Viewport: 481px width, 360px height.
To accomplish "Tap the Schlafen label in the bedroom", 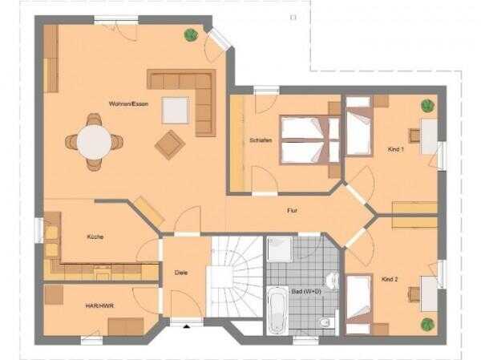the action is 261,140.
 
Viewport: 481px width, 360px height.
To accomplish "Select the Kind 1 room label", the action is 396,149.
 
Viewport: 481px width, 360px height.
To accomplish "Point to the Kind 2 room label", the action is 390,279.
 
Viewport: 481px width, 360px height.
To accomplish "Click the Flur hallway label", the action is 292,211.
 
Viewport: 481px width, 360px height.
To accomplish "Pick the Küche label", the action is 95,237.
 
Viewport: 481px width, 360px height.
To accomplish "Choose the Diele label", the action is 180,273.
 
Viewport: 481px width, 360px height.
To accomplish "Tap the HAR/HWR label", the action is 99,305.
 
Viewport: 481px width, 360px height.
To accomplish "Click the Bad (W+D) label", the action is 306,292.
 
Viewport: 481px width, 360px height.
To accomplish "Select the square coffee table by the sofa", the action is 175,110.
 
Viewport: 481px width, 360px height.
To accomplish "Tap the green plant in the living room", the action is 191,34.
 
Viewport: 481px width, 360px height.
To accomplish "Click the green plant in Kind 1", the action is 427,106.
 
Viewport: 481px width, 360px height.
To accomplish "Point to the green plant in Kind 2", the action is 427,325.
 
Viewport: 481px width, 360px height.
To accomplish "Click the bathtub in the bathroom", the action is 277,310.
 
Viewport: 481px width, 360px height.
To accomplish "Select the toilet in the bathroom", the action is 325,322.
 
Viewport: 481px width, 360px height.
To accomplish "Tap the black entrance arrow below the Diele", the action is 187,326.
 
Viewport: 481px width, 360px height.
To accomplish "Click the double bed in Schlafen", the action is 309,140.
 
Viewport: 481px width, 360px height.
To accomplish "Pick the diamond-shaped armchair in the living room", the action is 170,144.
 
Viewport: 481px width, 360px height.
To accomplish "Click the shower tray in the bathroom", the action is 280,249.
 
